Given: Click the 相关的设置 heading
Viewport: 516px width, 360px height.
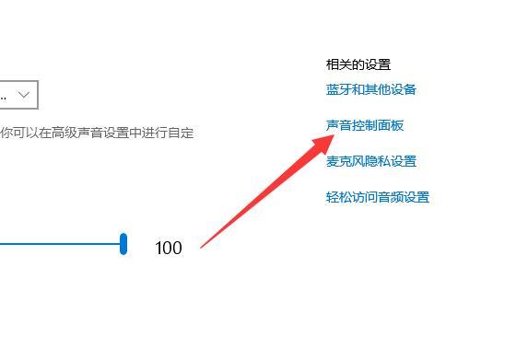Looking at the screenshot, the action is [x=358, y=64].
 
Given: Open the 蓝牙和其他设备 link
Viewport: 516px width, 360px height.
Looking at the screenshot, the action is [x=371, y=89].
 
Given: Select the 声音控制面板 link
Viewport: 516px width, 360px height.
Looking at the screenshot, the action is [x=365, y=125].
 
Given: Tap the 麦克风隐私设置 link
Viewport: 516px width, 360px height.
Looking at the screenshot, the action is [x=371, y=161].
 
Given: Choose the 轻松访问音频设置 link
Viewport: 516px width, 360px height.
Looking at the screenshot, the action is [x=378, y=197].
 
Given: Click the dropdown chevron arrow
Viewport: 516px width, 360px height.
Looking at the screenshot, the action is [x=25, y=94].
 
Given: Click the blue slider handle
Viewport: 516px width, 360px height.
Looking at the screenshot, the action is [x=123, y=244].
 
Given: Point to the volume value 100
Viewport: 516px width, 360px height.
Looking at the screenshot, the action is [x=169, y=248].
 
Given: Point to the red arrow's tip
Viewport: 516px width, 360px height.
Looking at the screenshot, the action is [x=334, y=135].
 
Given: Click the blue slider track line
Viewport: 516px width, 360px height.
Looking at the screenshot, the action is [x=55, y=244].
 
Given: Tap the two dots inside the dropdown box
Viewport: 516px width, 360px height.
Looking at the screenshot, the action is [x=4, y=96].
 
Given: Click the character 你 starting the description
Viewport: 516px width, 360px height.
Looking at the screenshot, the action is [x=6, y=133].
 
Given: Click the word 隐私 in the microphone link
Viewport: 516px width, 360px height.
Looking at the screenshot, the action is [x=378, y=161].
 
